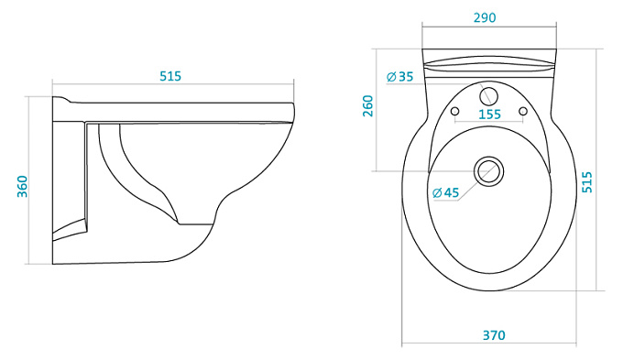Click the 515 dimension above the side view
[x=170, y=76]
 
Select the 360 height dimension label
[x=23, y=186]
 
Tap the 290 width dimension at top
[x=485, y=18]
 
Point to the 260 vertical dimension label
[x=368, y=105]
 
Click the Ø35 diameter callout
[x=400, y=76]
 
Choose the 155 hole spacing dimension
[x=489, y=115]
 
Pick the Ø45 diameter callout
[x=446, y=192]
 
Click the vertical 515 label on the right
[x=587, y=182]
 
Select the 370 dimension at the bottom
[x=494, y=335]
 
